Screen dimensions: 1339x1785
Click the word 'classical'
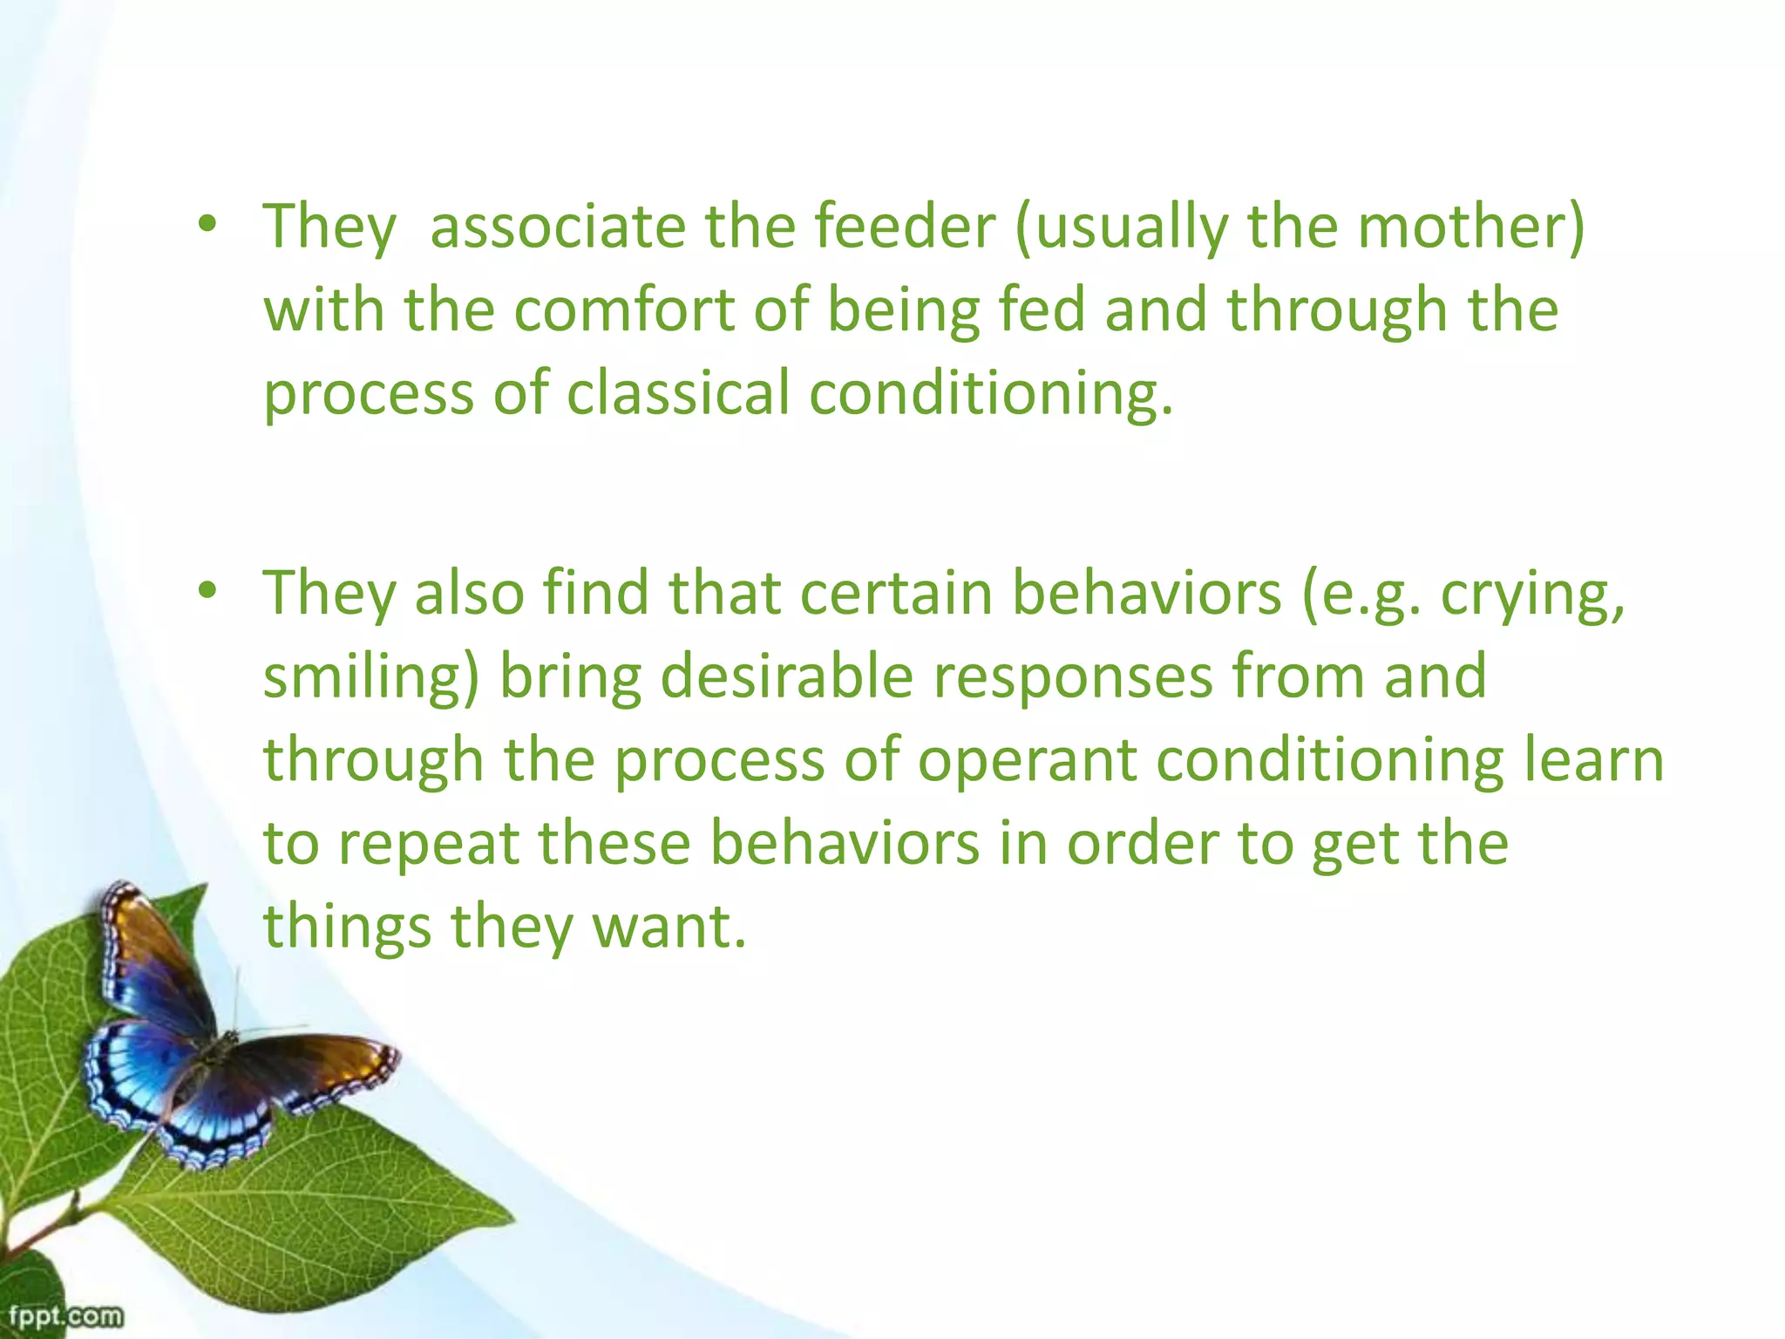pyautogui.click(x=678, y=393)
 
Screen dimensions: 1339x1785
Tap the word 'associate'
pyautogui.click(x=558, y=227)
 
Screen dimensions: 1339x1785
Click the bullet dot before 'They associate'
pyautogui.click(x=207, y=226)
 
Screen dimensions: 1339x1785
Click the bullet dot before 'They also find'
pyautogui.click(x=207, y=592)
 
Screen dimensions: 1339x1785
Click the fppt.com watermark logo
pyautogui.click(x=64, y=1315)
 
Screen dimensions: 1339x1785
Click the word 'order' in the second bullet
pyautogui.click(x=1142, y=844)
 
